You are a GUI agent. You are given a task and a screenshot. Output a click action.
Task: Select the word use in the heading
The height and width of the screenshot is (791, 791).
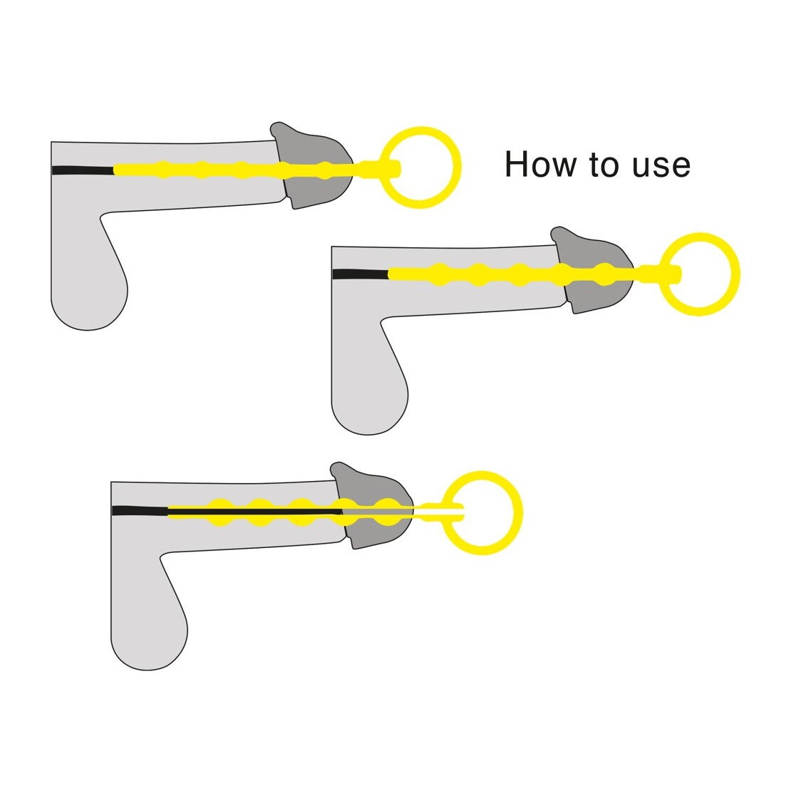(x=661, y=167)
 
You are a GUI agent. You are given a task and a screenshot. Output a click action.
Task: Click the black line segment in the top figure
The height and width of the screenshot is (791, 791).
(x=83, y=170)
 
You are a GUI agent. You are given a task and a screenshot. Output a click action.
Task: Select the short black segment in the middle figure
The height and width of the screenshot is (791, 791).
(x=360, y=274)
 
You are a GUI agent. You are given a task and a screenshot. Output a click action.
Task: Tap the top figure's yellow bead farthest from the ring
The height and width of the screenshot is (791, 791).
(x=162, y=170)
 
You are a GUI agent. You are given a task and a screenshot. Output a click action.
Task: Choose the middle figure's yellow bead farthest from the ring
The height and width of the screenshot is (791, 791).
(x=440, y=274)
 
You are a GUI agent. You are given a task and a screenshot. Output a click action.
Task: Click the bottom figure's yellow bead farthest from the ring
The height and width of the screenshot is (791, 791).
(x=220, y=512)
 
